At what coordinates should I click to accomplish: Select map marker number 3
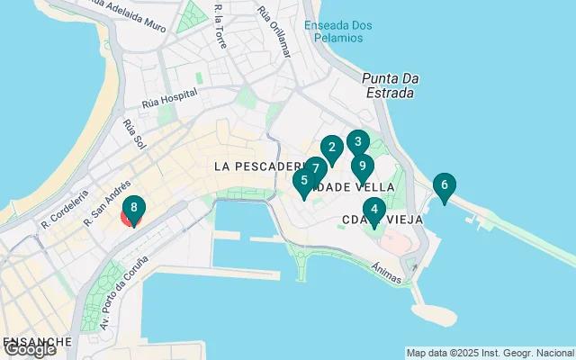[357, 142]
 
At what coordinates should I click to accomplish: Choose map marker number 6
[443, 186]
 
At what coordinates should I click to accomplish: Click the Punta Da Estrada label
[389, 85]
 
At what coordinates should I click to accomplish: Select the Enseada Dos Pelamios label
[337, 31]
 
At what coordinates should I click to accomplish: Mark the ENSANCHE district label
[36, 342]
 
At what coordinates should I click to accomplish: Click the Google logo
[29, 350]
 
